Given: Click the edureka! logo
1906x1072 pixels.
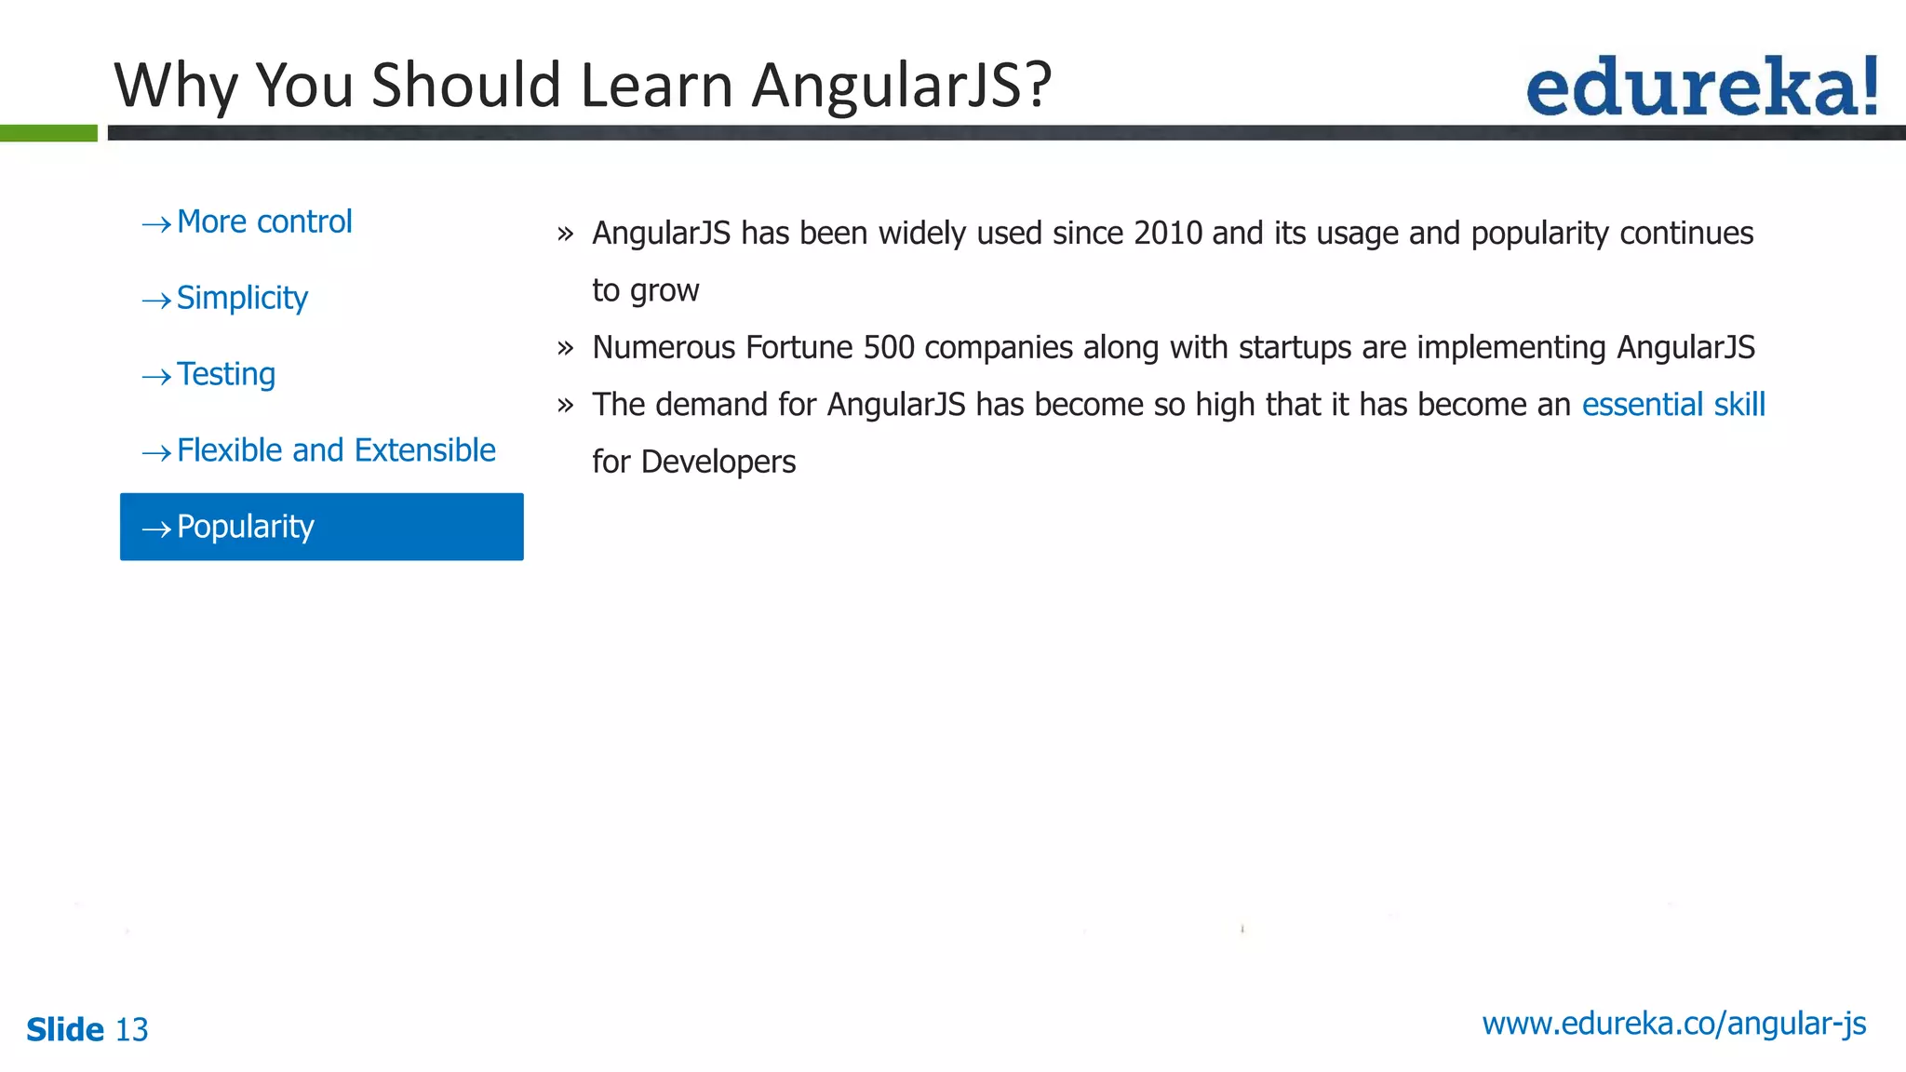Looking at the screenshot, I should (1701, 87).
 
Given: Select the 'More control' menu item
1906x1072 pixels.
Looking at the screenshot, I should (264, 222).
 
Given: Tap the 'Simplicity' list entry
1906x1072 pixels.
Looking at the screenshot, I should (242, 299).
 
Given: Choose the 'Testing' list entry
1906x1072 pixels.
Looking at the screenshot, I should (226, 375).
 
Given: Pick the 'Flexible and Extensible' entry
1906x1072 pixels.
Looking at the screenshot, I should (336, 451).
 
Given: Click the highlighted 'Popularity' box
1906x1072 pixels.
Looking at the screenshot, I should (321, 527).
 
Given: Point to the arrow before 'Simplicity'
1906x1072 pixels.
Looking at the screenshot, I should (156, 301).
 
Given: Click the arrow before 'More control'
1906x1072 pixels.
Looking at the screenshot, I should (156, 224).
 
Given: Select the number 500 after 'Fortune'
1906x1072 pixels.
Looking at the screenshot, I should (889, 348).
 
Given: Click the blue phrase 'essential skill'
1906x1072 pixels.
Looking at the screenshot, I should (1672, 405).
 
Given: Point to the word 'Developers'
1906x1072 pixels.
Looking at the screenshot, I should (718, 462).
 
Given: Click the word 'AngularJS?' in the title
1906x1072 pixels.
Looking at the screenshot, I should (901, 86).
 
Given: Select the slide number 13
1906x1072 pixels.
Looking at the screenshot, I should (131, 1030).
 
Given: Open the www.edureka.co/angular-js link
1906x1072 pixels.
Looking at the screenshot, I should (1673, 1024).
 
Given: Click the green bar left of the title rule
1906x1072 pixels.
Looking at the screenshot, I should (48, 133).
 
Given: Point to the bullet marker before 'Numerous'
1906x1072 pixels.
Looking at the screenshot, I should (565, 349).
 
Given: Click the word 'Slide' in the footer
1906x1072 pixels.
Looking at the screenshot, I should (65, 1030).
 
